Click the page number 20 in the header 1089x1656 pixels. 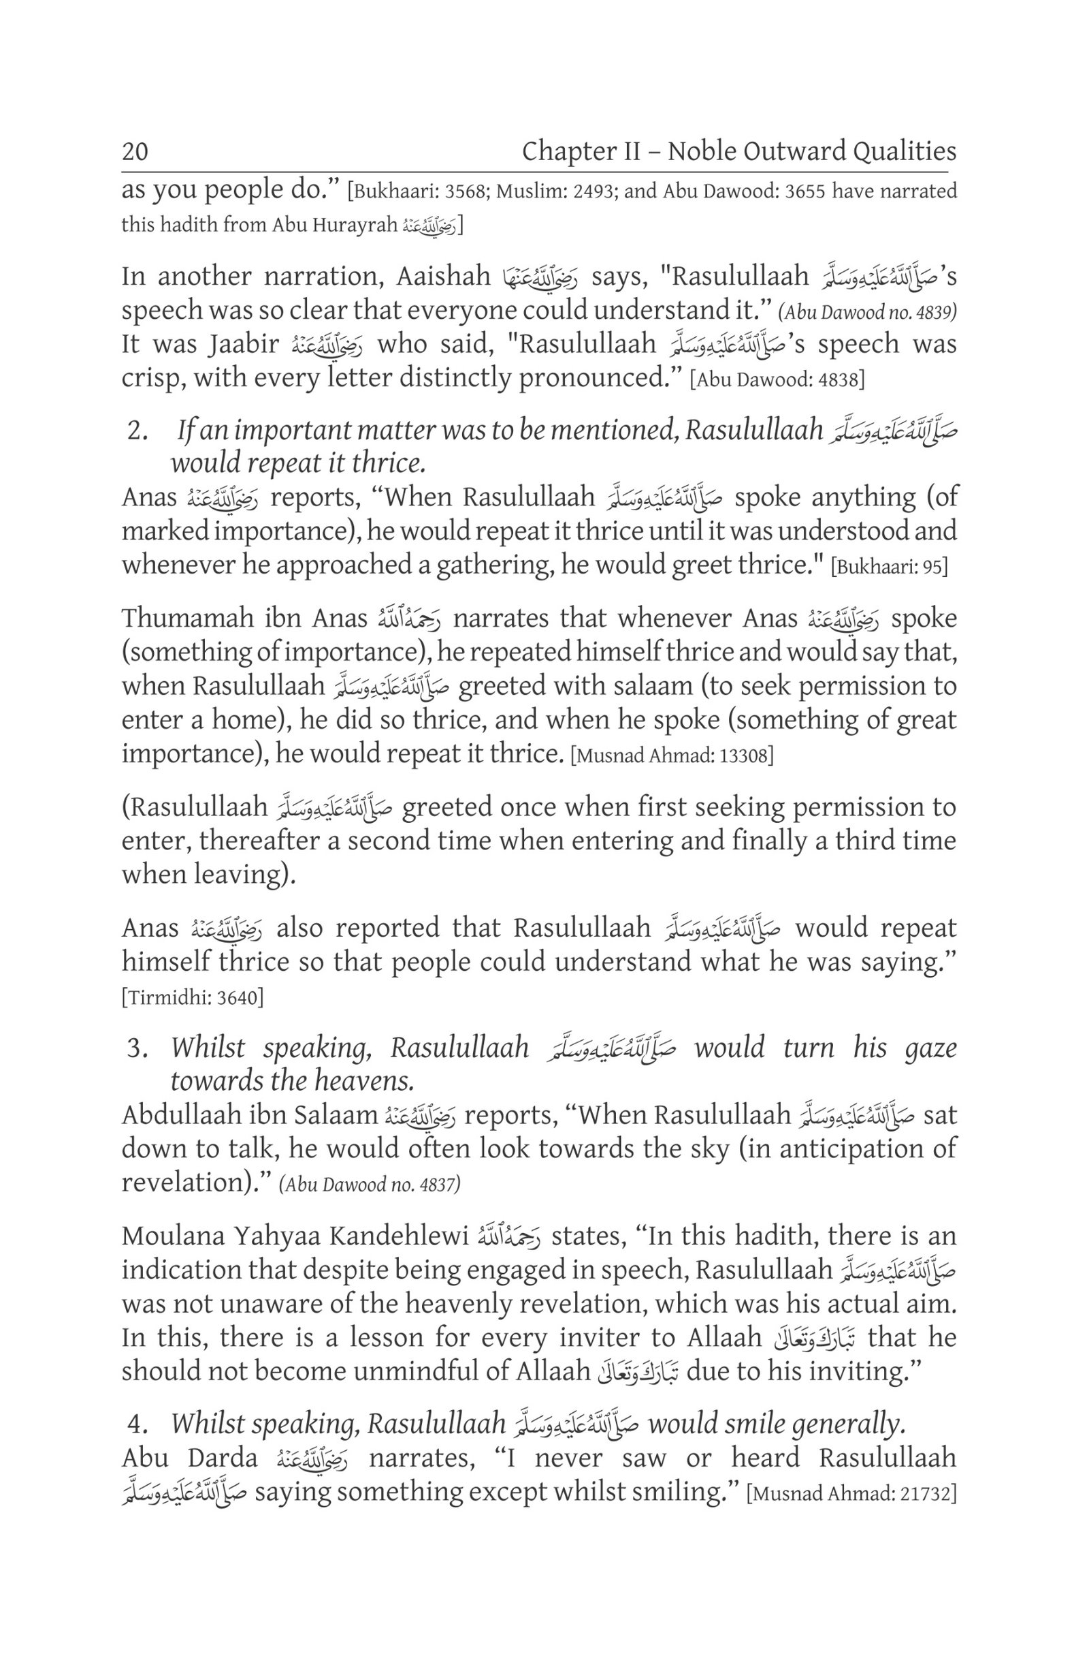pos(135,151)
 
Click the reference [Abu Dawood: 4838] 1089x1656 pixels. pos(777,379)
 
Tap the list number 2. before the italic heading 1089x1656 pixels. pos(137,431)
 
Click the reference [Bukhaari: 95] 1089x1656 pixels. pos(890,566)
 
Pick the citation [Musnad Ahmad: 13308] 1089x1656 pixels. pos(672,755)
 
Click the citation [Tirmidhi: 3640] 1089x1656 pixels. pos(193,998)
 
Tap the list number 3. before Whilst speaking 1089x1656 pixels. pos(137,1048)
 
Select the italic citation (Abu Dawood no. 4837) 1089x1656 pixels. pos(370,1183)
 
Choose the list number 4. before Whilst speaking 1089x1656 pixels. pos(137,1424)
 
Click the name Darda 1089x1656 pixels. pos(222,1458)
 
